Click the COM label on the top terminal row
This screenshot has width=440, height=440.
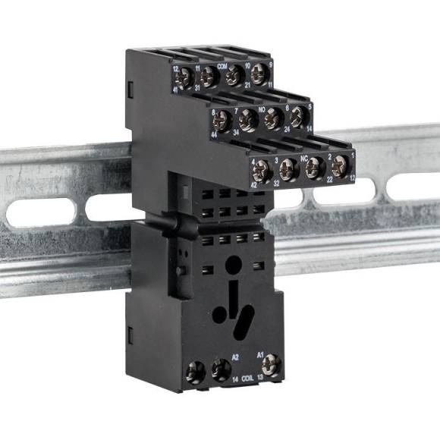click(x=222, y=66)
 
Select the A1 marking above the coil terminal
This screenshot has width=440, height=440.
click(x=259, y=354)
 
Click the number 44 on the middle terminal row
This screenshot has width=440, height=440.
click(x=215, y=134)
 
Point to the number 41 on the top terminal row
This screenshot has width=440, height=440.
click(x=175, y=90)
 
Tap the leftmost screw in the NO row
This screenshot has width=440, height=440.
click(x=222, y=121)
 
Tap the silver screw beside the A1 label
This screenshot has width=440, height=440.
click(x=271, y=367)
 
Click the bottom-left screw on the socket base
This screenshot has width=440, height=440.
click(x=196, y=373)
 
